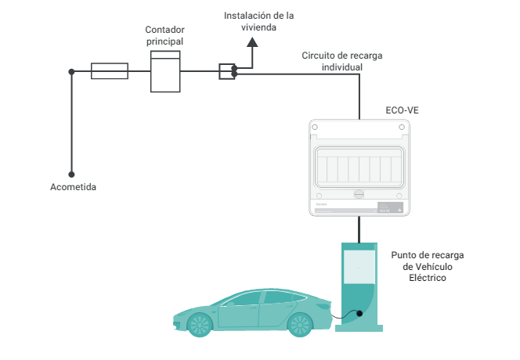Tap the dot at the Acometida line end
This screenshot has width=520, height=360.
(x=71, y=175)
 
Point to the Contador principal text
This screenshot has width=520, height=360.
(x=165, y=34)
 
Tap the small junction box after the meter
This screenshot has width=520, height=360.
(x=226, y=71)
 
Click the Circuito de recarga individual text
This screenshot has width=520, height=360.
(x=342, y=61)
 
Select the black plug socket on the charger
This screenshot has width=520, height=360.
(x=359, y=314)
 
